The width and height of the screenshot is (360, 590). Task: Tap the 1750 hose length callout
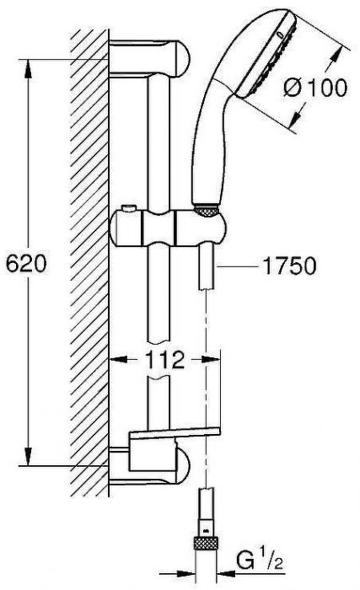(x=287, y=266)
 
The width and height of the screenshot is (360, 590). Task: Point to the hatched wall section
(x=89, y=253)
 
